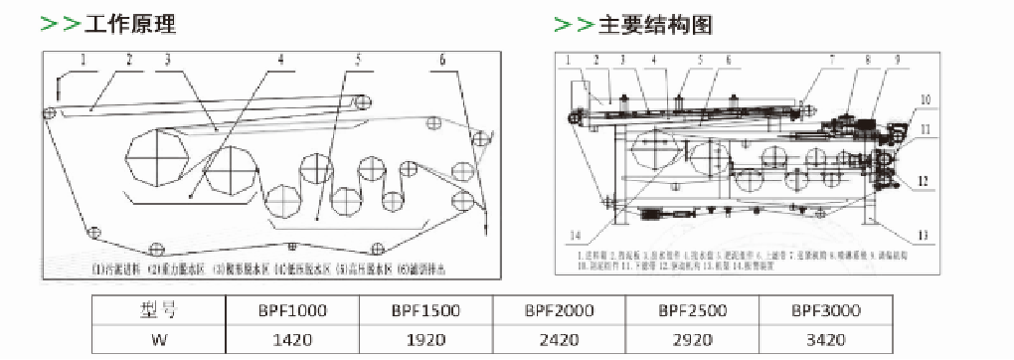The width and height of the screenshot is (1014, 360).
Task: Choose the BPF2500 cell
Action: [x=693, y=310]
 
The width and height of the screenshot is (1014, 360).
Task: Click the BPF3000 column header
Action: [x=826, y=310]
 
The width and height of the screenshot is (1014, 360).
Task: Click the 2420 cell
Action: [x=559, y=339]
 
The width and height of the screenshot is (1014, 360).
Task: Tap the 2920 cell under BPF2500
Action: [x=693, y=339]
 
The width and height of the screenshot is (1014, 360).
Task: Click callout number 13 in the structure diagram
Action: [x=923, y=235]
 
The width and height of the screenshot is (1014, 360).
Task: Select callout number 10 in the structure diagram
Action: [x=925, y=100]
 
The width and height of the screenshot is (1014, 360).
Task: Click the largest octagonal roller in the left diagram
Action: [x=156, y=158]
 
